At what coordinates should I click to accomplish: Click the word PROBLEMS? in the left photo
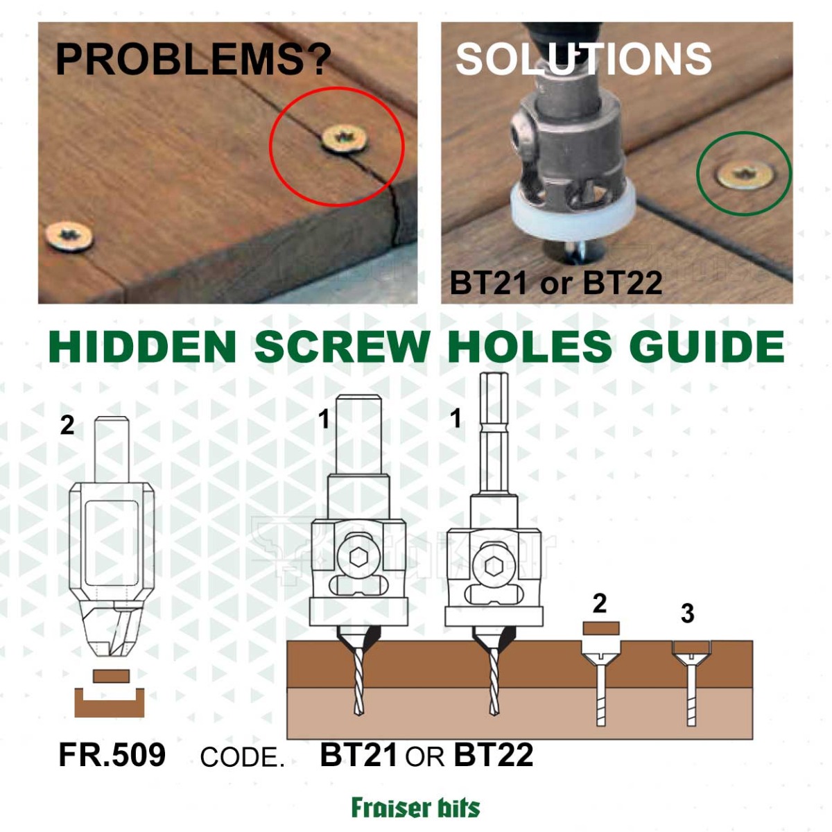click(193, 60)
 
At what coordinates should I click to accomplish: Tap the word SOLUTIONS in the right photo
click(584, 59)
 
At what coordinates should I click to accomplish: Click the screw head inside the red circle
click(345, 139)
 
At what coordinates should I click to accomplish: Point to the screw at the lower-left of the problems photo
click(69, 236)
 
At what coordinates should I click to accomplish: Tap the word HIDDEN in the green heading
click(143, 347)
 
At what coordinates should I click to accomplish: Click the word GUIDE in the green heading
click(707, 347)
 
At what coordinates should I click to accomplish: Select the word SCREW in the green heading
click(343, 347)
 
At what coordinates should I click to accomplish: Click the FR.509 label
click(112, 754)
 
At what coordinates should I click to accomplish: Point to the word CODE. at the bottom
click(242, 756)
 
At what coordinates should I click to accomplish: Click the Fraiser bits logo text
click(416, 807)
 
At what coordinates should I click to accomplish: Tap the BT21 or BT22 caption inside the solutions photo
click(555, 283)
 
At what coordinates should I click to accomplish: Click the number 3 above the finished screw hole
click(687, 614)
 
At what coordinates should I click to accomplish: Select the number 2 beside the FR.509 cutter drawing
click(67, 426)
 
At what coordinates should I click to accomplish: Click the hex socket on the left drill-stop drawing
click(357, 559)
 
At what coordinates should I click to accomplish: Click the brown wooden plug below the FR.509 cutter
click(111, 676)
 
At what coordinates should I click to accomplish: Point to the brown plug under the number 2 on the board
click(601, 627)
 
